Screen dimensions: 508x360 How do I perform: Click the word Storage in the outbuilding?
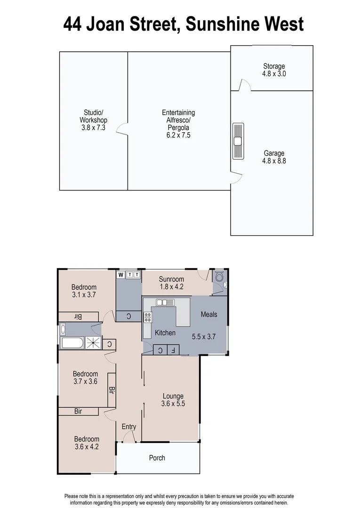[x=274, y=66]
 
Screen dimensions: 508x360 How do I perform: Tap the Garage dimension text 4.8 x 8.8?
[x=274, y=160]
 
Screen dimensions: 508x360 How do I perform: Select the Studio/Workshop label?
[x=93, y=116]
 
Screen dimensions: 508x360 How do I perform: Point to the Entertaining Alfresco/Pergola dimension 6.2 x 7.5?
[x=178, y=135]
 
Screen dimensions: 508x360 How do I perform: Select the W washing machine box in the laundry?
[x=120, y=275]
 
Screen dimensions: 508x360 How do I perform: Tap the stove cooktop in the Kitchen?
[x=148, y=317]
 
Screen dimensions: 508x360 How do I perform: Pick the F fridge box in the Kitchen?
[x=173, y=350]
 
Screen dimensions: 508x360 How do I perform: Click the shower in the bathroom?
[x=93, y=343]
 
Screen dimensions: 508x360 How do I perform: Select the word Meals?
[x=209, y=314]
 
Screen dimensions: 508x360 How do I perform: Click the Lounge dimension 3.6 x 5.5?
[x=173, y=403]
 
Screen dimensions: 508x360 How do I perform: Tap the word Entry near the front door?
[x=129, y=427]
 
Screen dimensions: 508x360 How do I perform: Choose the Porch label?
[x=157, y=458]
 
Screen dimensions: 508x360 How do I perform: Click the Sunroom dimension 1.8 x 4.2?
[x=171, y=286]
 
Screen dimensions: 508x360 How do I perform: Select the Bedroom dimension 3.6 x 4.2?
[x=87, y=447]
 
